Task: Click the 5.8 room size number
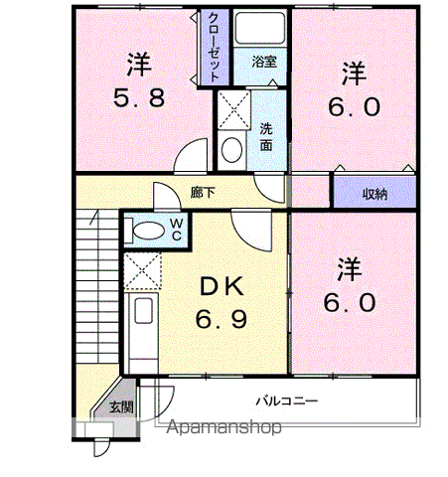point(139,97)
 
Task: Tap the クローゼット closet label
point(214,48)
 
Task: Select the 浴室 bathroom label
point(264,62)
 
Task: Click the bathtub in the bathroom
point(260,28)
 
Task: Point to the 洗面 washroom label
point(266,137)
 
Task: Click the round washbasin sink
point(231,150)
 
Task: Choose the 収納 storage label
point(374,194)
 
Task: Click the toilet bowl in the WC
point(148,231)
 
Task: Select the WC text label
point(176,230)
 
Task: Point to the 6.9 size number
point(222,319)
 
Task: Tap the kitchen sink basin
point(143,311)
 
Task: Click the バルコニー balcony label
point(287,401)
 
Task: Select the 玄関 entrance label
point(121,407)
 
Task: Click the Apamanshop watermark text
point(224,427)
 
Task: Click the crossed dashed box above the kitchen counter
point(142,270)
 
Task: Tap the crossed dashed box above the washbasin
point(233,110)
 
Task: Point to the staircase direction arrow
point(93,217)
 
